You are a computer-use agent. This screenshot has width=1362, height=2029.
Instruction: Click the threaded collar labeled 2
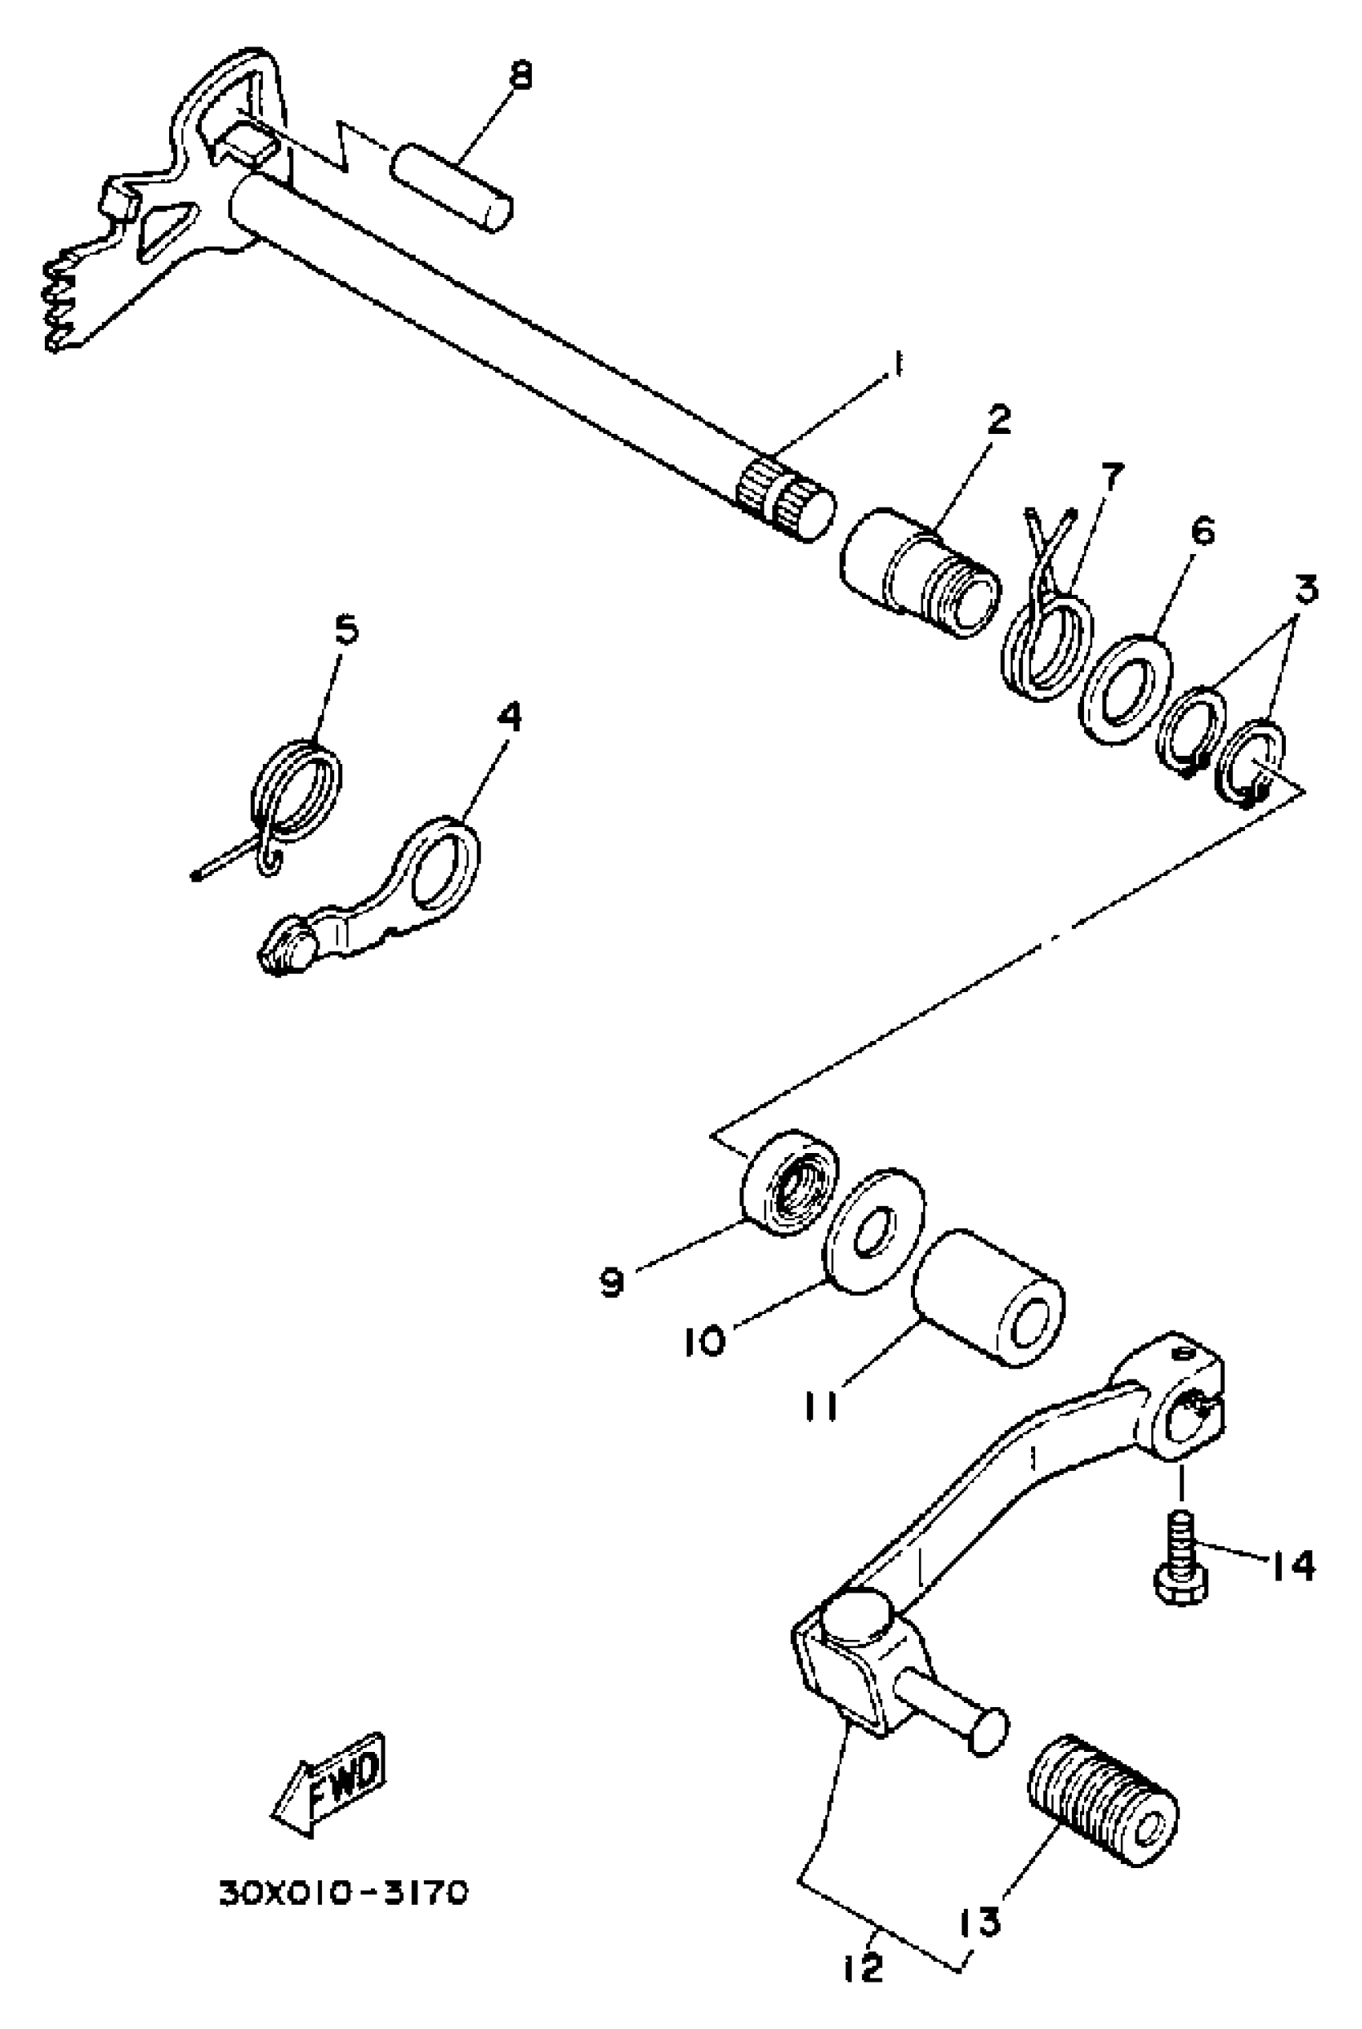[919, 574]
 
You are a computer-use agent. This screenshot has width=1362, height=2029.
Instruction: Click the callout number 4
[510, 717]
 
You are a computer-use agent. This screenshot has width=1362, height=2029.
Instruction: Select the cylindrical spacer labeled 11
[989, 1300]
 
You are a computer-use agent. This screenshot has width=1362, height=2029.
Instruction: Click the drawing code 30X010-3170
[342, 1892]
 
